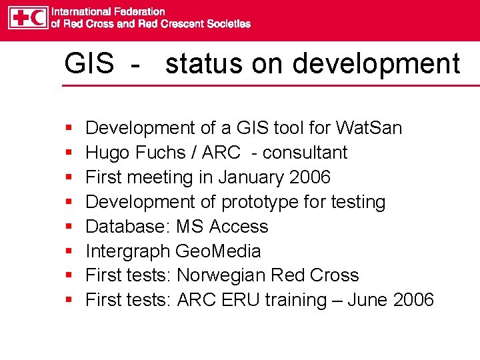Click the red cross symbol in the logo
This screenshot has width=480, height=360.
[19, 17]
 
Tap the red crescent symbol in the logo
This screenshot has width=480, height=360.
[37, 17]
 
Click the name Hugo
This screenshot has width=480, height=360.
[107, 153]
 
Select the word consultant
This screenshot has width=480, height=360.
[305, 153]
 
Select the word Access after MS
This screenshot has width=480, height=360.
[239, 227]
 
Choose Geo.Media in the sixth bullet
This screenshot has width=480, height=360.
[218, 251]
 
